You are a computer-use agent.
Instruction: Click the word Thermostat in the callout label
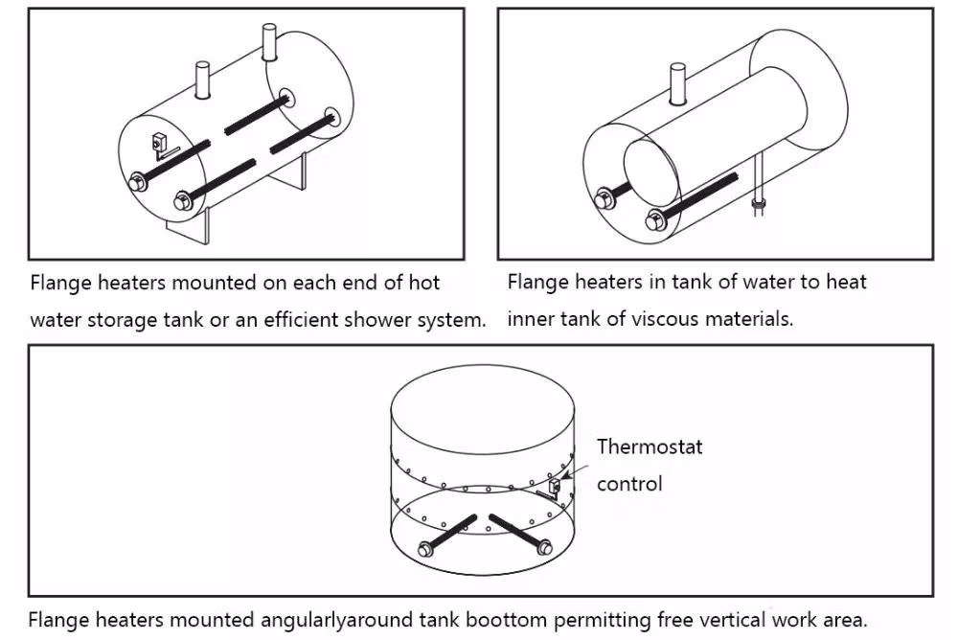650,446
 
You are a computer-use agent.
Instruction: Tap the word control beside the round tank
629,484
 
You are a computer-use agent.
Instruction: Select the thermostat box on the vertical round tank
555,491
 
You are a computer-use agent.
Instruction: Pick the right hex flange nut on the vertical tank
544,547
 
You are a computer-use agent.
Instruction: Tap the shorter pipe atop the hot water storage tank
202,80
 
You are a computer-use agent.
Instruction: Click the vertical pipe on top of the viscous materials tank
678,83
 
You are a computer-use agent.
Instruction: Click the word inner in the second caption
529,319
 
